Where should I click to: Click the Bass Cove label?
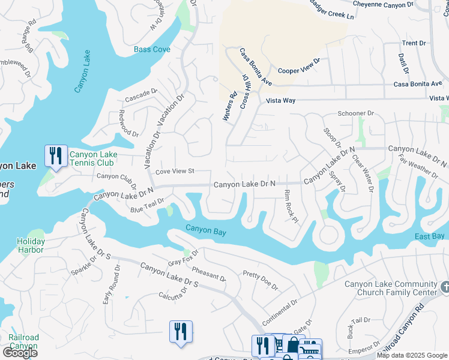[x=152, y=49]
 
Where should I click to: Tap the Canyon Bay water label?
[x=205, y=229]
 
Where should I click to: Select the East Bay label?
[x=430, y=236]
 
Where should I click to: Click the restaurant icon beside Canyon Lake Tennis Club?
[x=56, y=157]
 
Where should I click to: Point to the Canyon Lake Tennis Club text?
[x=93, y=158]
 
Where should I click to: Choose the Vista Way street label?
[x=281, y=100]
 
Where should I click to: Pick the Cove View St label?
[x=175, y=172]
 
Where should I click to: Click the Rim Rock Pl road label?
[x=291, y=206]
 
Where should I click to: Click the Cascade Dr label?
[x=141, y=95]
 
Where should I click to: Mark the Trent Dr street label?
[x=414, y=43]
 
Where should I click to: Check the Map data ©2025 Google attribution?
[x=412, y=355]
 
